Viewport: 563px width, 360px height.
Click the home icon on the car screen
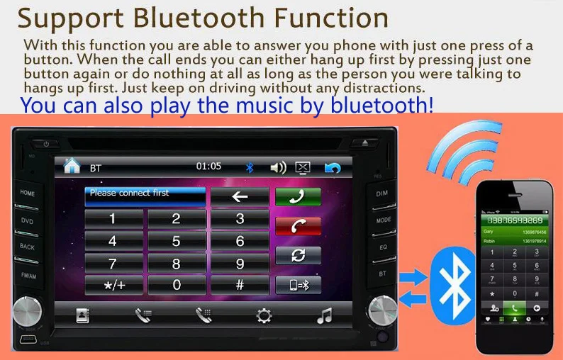tap(72, 167)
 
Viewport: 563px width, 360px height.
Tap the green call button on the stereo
tap(298, 196)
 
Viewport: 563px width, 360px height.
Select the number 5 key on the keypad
tap(176, 241)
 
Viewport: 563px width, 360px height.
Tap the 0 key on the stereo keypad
tap(176, 285)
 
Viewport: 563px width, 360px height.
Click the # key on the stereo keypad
tap(240, 285)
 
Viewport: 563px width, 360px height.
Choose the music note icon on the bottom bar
tap(324, 316)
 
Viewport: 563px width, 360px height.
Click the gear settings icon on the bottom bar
tap(264, 316)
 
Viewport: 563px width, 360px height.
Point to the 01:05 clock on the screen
tap(208, 167)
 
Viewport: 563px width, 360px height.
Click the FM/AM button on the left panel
tap(28, 275)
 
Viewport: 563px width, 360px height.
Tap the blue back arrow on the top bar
tap(332, 168)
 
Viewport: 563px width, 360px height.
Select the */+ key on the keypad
tap(113, 285)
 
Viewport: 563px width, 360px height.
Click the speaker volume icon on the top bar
tap(278, 168)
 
